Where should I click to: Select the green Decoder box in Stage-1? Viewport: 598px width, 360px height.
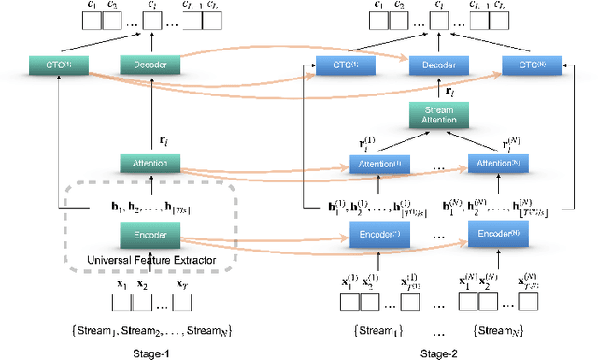[x=143, y=65]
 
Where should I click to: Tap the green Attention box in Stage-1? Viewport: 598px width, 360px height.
[x=143, y=163]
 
